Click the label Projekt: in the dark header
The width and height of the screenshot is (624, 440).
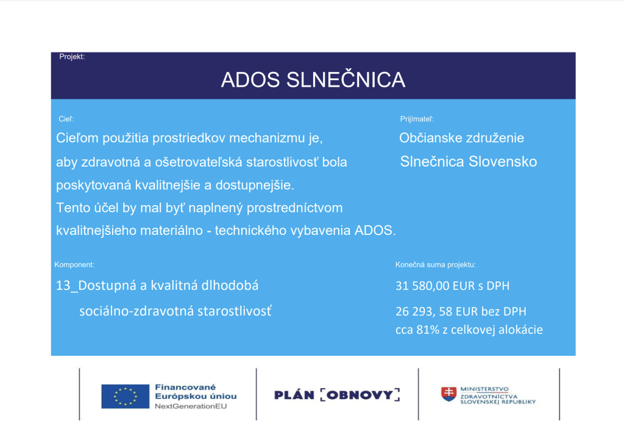click(x=72, y=57)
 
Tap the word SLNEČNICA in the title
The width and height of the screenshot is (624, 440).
click(x=346, y=79)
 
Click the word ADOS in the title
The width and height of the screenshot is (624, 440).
click(x=250, y=80)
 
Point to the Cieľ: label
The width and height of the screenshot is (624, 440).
click(x=66, y=119)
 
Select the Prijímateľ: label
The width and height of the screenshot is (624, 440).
click(x=417, y=119)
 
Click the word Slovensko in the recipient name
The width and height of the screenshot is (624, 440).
click(x=503, y=161)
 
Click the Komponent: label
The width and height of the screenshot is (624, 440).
click(x=74, y=265)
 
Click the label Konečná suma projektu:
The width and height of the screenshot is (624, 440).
click(x=435, y=265)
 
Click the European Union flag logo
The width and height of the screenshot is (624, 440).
click(x=126, y=396)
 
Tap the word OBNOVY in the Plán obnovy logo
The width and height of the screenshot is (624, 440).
click(x=360, y=395)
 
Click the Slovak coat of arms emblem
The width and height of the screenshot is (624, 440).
click(x=448, y=394)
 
